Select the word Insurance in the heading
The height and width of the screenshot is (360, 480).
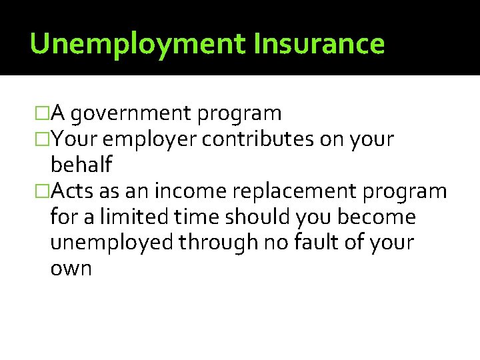point(319,44)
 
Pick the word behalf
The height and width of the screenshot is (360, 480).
point(81,165)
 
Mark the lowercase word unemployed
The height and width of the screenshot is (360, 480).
point(111,243)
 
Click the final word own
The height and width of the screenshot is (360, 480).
point(71,269)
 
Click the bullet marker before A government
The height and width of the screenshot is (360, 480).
point(43,114)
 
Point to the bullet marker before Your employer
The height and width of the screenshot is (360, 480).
point(43,139)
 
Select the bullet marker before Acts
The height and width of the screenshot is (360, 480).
point(43,191)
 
